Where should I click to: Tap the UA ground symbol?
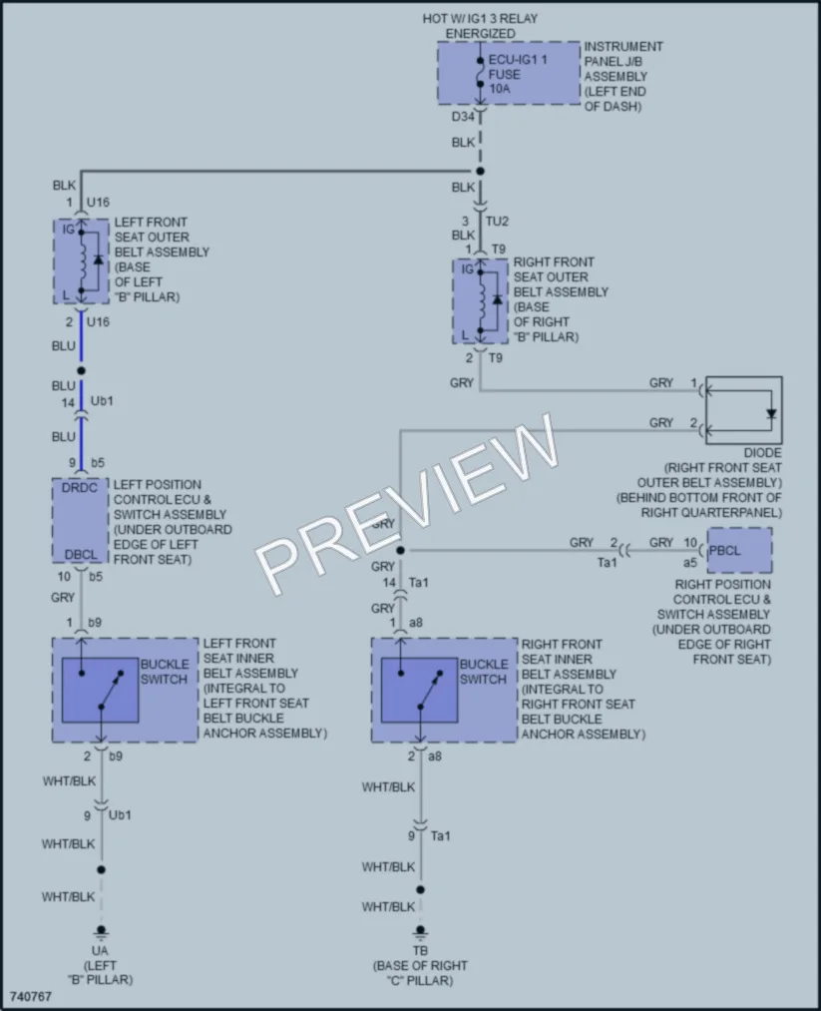(x=101, y=933)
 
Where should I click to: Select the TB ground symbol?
(x=420, y=933)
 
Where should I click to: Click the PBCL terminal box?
(x=739, y=551)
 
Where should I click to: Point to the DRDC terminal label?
(x=79, y=488)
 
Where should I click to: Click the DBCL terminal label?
(x=81, y=555)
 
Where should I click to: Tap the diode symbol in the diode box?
(x=771, y=414)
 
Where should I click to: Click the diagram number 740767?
(x=31, y=996)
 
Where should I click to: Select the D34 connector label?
(x=463, y=117)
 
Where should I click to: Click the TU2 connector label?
(x=497, y=222)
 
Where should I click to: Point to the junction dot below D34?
(x=480, y=172)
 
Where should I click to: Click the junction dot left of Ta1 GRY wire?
(x=400, y=551)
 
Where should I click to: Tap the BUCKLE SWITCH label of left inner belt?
(x=165, y=672)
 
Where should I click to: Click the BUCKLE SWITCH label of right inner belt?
(x=483, y=672)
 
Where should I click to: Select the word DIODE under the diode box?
(x=762, y=453)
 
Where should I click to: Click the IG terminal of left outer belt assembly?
(x=68, y=229)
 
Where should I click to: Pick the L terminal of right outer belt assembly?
(x=465, y=335)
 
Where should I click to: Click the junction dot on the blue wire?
(x=81, y=370)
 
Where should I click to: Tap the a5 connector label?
(x=690, y=563)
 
